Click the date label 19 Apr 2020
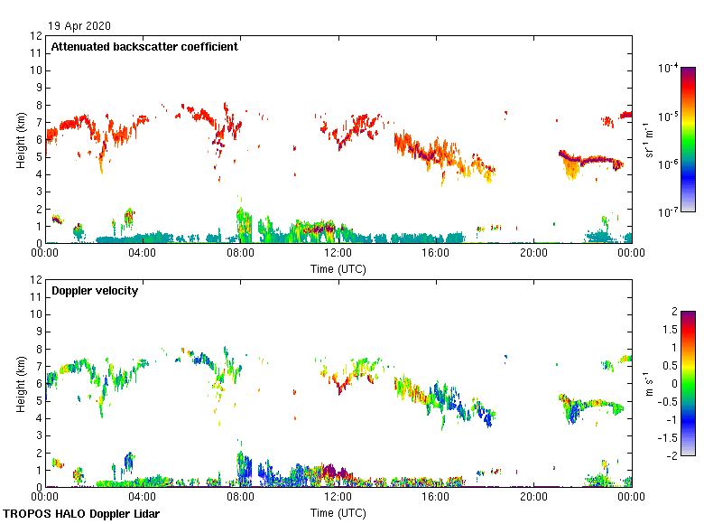80,25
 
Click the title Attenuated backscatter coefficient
144,47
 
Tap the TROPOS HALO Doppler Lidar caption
81,514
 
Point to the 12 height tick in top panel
37,36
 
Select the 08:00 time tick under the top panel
240,254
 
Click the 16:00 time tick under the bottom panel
436,498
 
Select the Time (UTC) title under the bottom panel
338,513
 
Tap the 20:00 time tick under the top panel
533,254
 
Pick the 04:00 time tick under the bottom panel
143,498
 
